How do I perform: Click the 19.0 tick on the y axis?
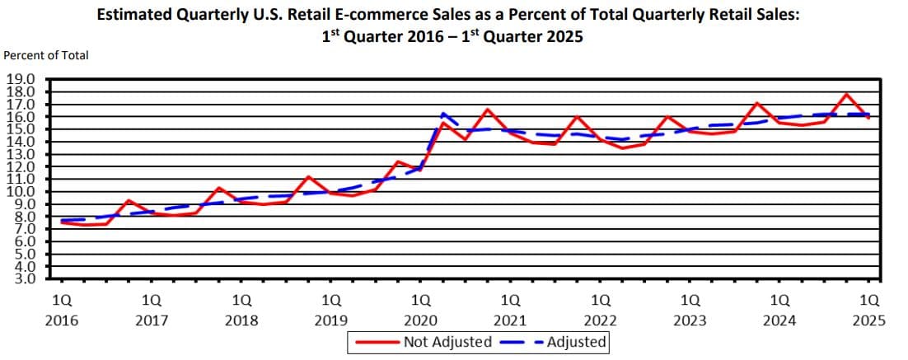click(21, 80)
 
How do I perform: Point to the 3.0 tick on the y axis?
click(21, 278)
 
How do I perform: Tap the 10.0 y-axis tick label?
click(21, 191)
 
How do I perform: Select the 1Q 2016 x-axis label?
click(61, 311)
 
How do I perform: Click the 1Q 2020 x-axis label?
click(421, 311)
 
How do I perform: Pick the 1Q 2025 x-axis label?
click(869, 311)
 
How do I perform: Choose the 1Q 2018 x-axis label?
click(241, 311)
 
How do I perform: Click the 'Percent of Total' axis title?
click(46, 55)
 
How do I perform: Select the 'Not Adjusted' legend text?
click(447, 342)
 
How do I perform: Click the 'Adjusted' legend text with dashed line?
click(576, 342)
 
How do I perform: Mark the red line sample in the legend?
click(376, 342)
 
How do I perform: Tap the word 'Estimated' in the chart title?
click(133, 15)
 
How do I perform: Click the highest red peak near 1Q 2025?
click(846, 94)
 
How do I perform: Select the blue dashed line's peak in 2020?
click(443, 114)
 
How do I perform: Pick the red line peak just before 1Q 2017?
click(129, 200)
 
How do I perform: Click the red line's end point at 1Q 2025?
click(868, 118)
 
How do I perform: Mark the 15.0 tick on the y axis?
click(21, 129)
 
